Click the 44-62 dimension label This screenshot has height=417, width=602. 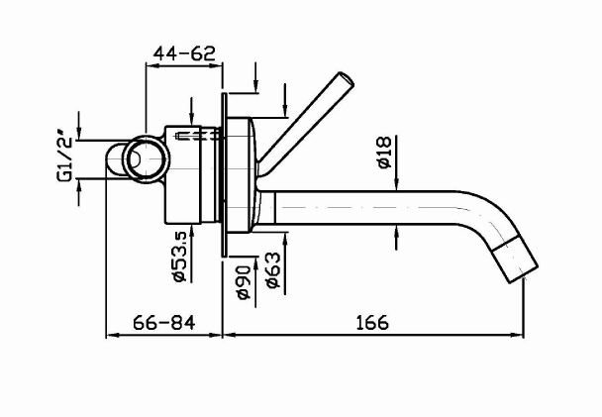[184, 54]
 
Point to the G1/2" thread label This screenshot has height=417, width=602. [65, 158]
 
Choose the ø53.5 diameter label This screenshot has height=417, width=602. [179, 257]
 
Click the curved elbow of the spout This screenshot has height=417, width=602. [485, 223]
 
